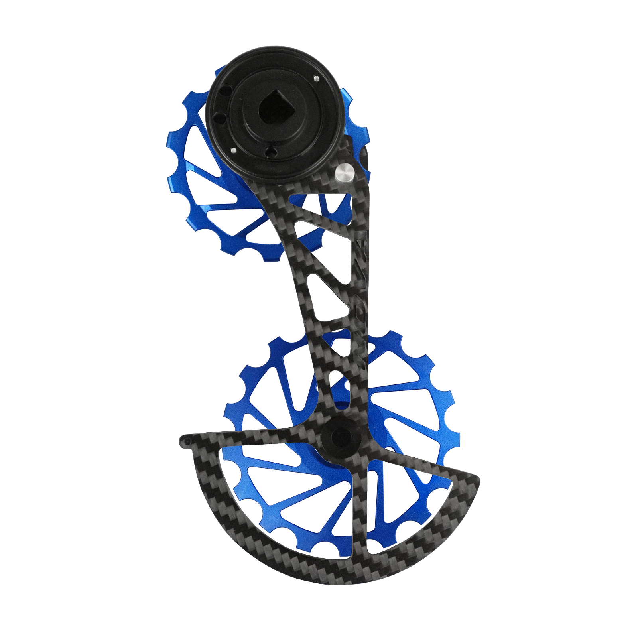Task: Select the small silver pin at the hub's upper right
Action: click(316, 78)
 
